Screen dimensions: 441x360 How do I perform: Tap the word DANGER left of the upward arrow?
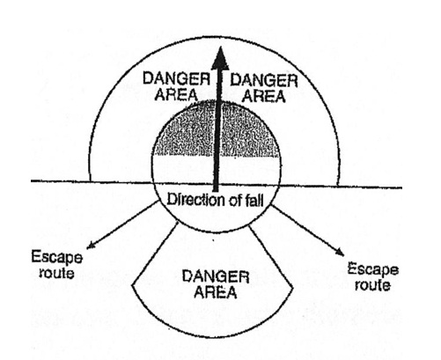176,78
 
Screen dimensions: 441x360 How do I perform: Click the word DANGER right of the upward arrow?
264,80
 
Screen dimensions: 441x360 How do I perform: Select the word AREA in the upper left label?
176,94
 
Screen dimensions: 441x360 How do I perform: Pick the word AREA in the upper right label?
264,96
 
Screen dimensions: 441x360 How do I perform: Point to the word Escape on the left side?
56,258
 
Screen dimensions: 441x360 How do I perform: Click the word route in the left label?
56,273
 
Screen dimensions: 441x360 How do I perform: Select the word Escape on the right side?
373,269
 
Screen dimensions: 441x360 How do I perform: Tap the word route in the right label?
372,285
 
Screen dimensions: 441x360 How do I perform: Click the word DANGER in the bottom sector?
216,276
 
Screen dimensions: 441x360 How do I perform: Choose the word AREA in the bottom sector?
216,292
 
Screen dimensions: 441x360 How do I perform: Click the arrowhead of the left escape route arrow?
92,245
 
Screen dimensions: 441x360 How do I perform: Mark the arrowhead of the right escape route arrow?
340,252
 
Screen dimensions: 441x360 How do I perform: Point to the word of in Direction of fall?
234,201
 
